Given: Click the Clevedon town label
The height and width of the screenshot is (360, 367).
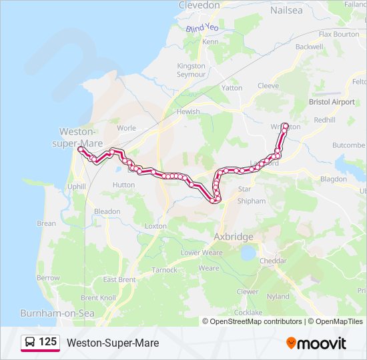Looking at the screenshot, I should [199, 5].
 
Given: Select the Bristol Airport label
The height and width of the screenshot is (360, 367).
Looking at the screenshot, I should [332, 102].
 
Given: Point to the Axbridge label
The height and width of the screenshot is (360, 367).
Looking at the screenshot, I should [233, 237].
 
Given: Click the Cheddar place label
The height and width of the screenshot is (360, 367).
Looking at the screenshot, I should [273, 261].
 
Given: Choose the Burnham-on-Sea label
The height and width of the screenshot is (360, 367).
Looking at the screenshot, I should [57, 313].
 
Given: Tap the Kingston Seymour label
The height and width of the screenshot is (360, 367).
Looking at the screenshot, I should [192, 69].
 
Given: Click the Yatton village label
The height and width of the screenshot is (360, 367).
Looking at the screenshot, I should [232, 87].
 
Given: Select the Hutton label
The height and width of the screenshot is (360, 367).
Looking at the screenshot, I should [124, 185].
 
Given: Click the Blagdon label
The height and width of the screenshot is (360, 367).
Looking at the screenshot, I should [334, 179].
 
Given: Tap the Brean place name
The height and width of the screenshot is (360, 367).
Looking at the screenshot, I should [47, 223].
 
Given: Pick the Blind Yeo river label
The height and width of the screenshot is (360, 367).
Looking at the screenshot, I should [202, 29].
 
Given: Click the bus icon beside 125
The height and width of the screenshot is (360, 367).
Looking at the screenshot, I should [30, 342].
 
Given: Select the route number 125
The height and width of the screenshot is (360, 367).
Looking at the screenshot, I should [47, 342].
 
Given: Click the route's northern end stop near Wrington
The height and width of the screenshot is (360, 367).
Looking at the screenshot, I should [286, 126].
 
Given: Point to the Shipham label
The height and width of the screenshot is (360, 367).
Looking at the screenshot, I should [251, 201].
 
